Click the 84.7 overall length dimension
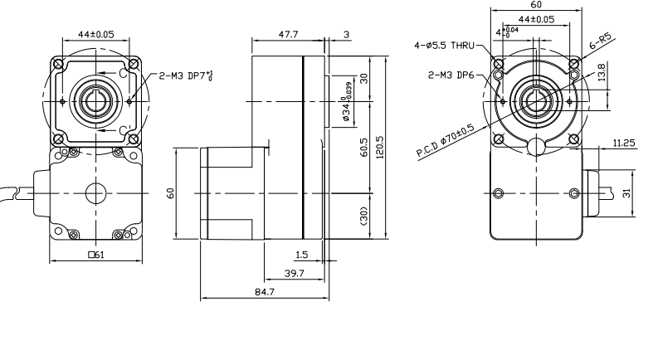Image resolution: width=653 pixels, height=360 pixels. click(x=266, y=291)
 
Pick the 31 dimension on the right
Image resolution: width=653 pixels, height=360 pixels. click(x=628, y=192)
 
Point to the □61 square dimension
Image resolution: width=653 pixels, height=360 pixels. click(x=96, y=255)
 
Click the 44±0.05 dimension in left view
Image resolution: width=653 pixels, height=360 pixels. click(x=96, y=36)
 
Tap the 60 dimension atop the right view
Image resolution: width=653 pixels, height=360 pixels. click(x=535, y=4)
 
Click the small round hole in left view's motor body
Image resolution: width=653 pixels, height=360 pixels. click(x=96, y=193)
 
